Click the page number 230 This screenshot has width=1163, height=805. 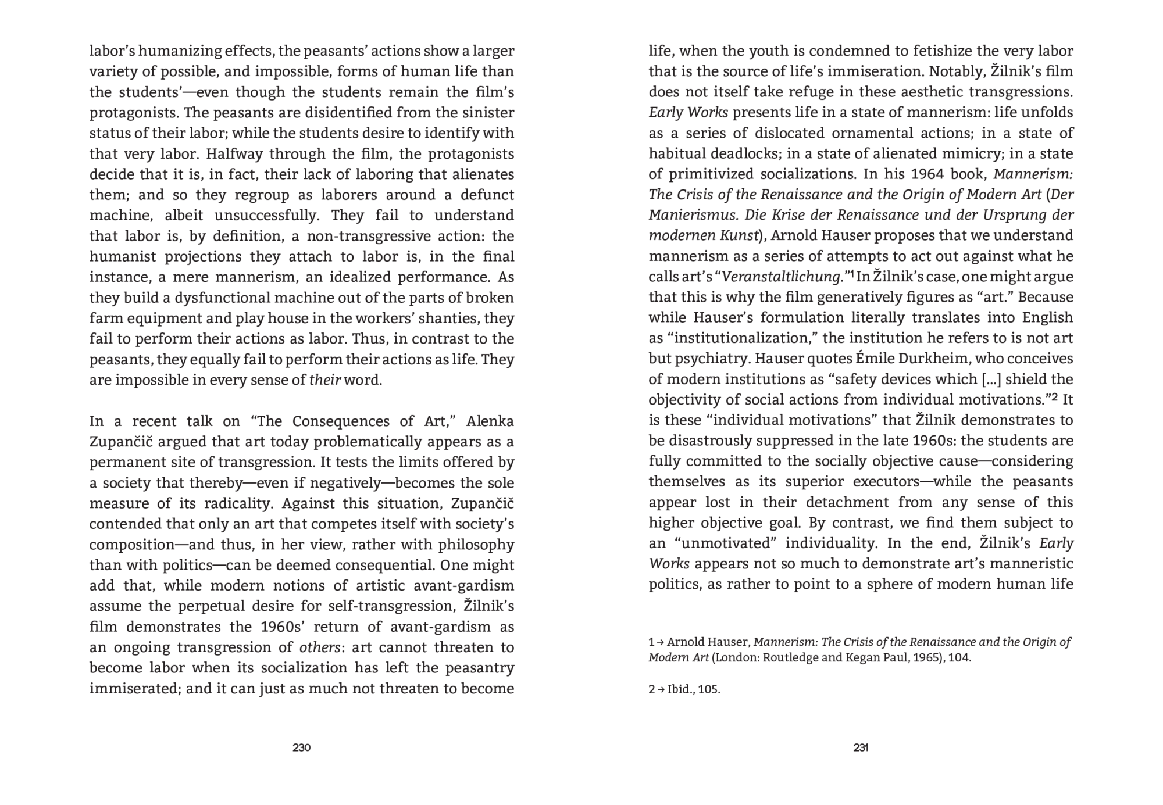click(x=301, y=747)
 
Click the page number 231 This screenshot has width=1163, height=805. click(x=861, y=747)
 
